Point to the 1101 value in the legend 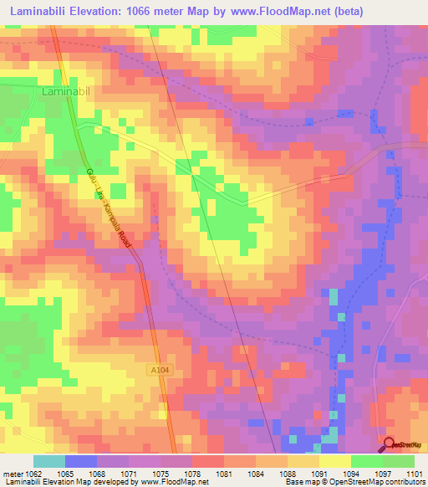click(x=415, y=474)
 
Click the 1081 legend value click(x=224, y=474)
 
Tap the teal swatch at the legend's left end click(x=49, y=461)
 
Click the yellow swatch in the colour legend click(x=335, y=461)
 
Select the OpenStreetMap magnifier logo click(x=389, y=445)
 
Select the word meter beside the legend click(x=12, y=474)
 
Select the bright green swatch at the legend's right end click(x=399, y=461)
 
